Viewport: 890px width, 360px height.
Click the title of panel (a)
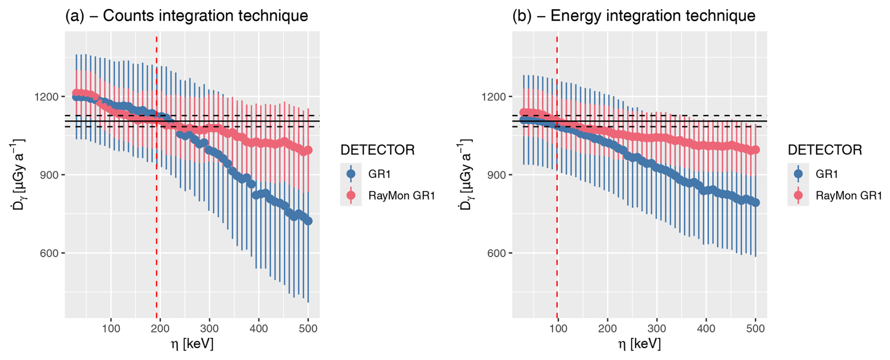coord(186,16)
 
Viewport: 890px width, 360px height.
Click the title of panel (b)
coord(634,16)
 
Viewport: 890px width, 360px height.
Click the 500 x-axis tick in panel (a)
coord(308,328)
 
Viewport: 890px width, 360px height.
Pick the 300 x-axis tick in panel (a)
coord(209,328)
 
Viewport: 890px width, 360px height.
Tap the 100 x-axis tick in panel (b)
coord(558,328)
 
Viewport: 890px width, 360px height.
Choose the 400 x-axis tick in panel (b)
coord(706,328)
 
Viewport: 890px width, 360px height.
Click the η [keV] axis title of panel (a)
coord(192,344)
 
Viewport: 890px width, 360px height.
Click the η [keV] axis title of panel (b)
coord(639,344)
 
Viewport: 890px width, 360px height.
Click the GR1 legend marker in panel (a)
coord(351,174)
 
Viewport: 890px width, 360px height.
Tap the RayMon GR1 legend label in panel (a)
coord(401,195)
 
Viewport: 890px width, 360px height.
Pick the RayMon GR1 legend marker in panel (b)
coord(798,195)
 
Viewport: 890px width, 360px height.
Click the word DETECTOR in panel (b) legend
coord(825,150)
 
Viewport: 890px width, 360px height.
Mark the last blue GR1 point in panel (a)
coord(308,221)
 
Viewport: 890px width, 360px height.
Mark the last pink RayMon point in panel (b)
coord(755,150)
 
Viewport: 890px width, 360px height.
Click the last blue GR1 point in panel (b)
coord(755,202)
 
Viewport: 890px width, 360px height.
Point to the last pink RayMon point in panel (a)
coord(308,151)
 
